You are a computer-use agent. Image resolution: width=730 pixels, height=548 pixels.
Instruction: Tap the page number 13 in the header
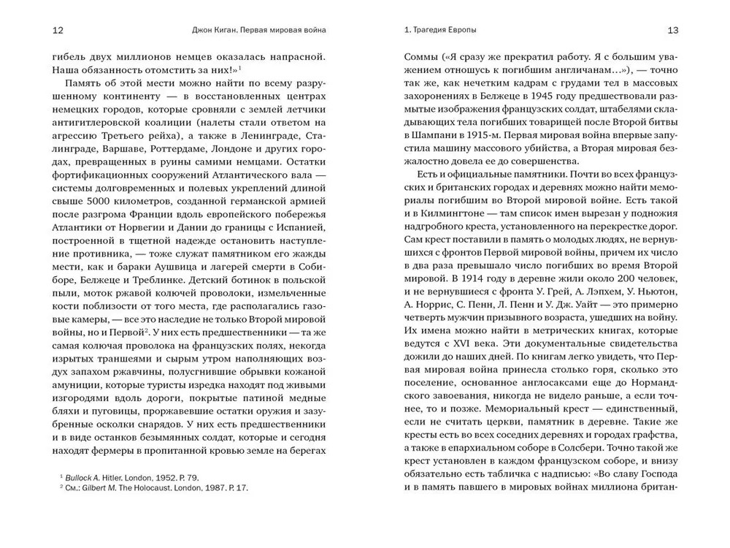672,30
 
